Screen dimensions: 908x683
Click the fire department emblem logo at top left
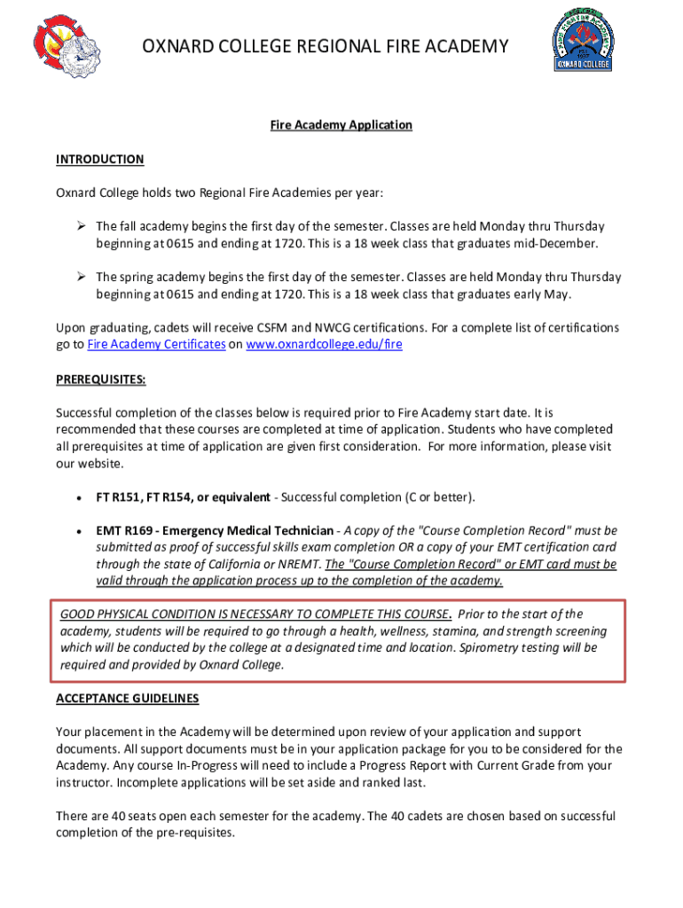(67, 45)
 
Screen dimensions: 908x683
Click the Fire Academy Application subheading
(341, 125)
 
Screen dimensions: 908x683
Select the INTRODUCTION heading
(99, 160)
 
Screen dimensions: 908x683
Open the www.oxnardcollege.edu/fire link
(324, 344)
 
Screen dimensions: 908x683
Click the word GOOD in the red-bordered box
(75, 614)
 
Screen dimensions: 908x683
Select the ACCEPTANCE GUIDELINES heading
(127, 699)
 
